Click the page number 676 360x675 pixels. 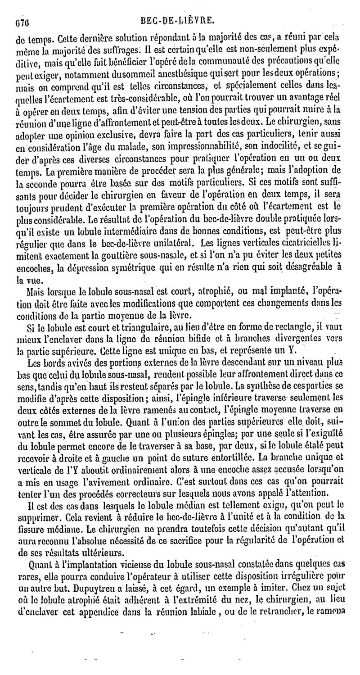[x=22, y=21]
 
